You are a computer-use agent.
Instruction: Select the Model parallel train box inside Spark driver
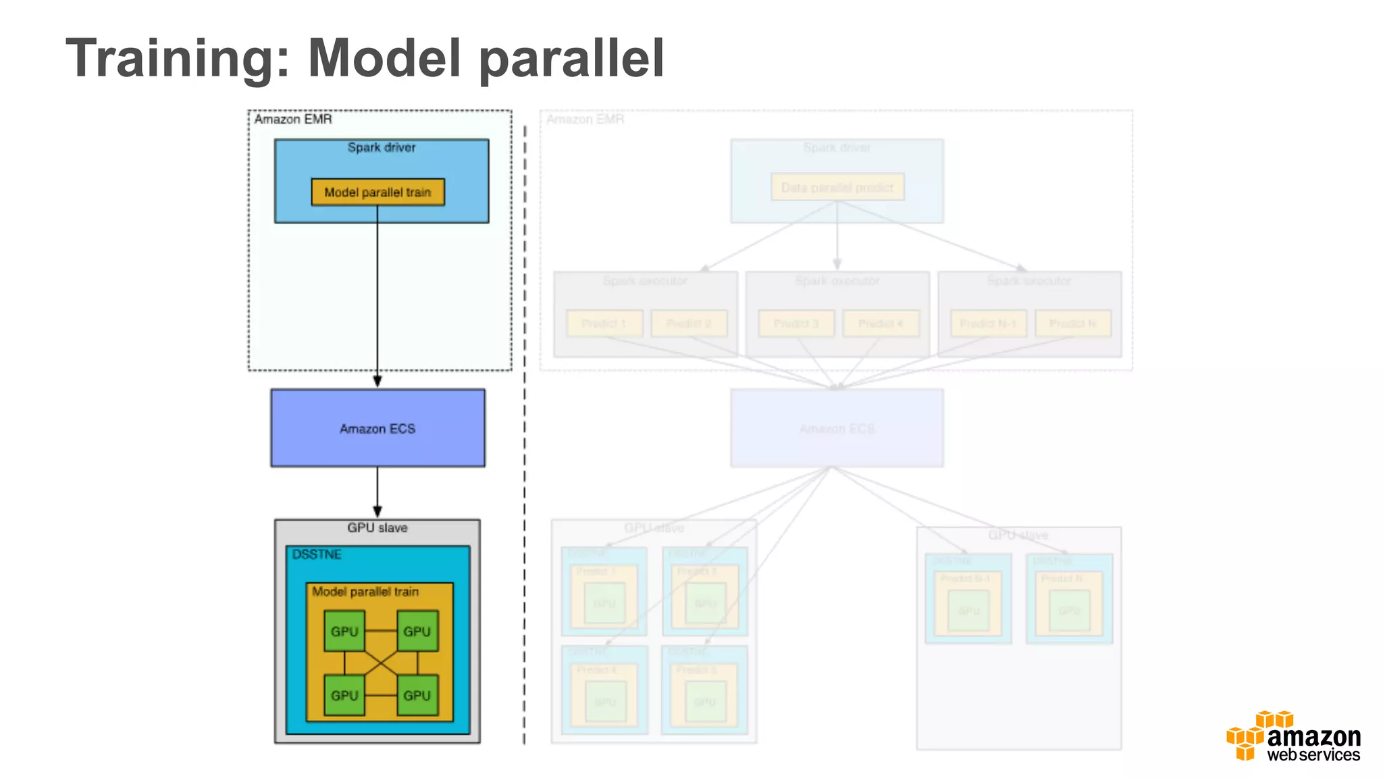point(377,192)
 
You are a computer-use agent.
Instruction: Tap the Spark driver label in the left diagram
point(381,147)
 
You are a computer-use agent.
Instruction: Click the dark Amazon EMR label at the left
point(293,120)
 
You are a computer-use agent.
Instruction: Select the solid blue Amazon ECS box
point(377,428)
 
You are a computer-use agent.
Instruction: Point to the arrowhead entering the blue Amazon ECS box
point(377,382)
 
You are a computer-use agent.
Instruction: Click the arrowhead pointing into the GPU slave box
point(377,512)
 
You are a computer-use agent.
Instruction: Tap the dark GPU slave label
point(377,527)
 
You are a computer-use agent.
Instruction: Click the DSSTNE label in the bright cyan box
point(316,554)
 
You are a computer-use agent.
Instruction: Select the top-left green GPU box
point(344,631)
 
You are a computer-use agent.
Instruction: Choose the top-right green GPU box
point(417,631)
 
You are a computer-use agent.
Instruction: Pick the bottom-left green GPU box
point(344,695)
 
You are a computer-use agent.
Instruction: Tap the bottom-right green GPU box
point(417,695)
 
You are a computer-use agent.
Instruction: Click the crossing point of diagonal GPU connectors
point(381,663)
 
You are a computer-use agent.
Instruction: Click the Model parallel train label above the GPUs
point(365,592)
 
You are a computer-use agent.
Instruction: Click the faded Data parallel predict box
point(837,187)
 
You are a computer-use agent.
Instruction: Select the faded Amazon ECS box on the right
point(837,428)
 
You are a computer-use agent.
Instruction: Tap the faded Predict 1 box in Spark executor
point(604,323)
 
